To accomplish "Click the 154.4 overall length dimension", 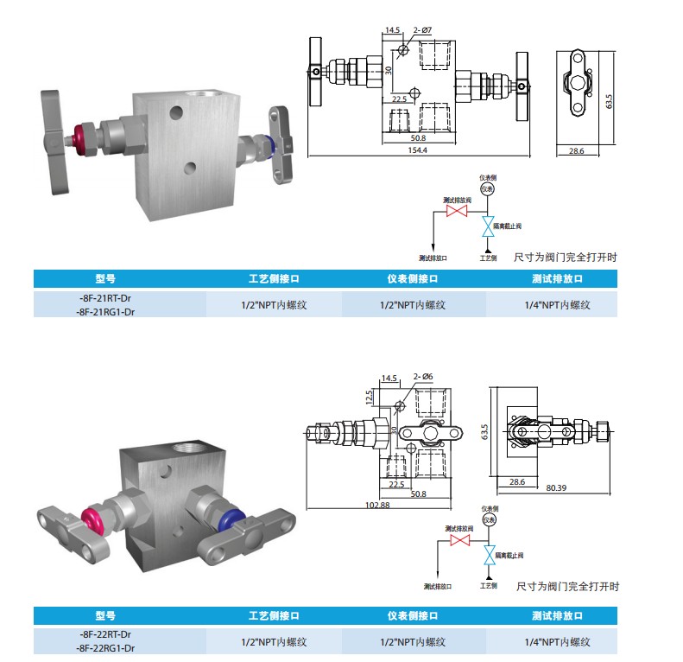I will point(419,150).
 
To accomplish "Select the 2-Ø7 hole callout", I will point(422,30).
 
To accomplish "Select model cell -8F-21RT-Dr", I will point(104,296).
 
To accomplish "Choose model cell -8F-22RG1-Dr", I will point(104,647).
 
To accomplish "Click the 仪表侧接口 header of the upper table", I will point(414,279).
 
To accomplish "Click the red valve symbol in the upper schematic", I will point(455,211).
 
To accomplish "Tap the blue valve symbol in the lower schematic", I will point(490,554).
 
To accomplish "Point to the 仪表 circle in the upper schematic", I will point(487,188).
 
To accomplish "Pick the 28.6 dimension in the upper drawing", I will point(576,150).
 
